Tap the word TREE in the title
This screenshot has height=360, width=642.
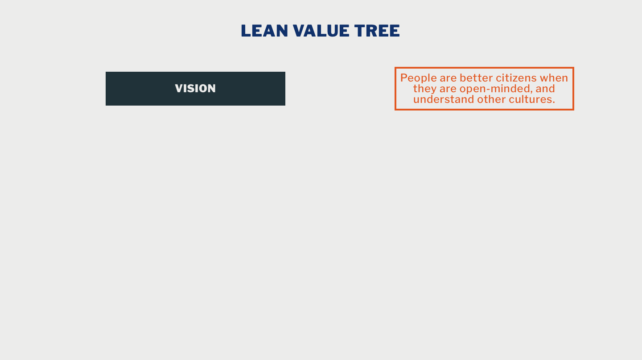[x=377, y=31]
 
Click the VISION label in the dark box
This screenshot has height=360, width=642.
[x=195, y=89]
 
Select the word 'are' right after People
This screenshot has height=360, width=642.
[x=448, y=78]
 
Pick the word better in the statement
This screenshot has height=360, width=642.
[x=476, y=78]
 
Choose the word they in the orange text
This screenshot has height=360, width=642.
[x=424, y=89]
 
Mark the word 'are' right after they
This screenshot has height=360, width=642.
[x=448, y=89]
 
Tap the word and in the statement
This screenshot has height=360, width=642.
[x=545, y=89]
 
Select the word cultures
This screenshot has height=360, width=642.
[x=529, y=99]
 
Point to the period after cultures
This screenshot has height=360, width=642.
[x=553, y=102]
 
